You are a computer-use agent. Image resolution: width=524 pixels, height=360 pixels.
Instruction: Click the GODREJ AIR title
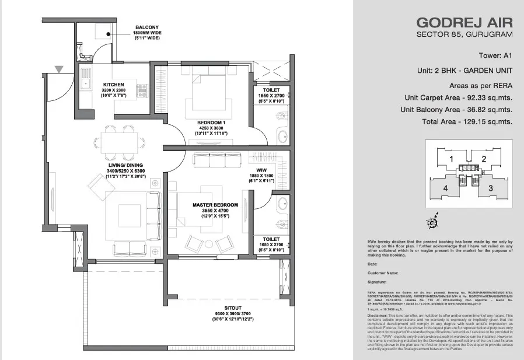click(x=464, y=23)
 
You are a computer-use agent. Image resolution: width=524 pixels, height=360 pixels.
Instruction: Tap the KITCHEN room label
click(x=113, y=84)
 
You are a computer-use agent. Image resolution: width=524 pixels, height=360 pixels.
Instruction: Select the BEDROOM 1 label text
click(x=210, y=122)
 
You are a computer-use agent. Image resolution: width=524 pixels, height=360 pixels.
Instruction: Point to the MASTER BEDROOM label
click(x=215, y=205)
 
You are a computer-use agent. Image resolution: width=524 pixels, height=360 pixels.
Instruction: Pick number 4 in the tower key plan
click(x=445, y=188)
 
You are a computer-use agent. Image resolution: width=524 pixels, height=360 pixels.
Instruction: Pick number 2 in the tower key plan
click(x=483, y=159)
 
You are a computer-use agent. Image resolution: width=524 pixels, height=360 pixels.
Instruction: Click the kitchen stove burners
click(x=142, y=90)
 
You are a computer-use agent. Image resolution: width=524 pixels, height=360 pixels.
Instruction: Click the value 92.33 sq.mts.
click(x=491, y=97)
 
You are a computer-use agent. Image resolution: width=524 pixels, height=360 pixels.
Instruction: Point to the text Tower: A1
click(x=492, y=56)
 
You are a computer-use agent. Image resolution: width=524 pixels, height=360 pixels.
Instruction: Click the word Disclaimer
click(x=379, y=316)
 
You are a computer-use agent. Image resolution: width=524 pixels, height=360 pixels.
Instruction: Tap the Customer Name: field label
click(x=383, y=272)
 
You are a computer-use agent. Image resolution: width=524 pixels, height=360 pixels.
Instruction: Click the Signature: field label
click(x=378, y=281)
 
